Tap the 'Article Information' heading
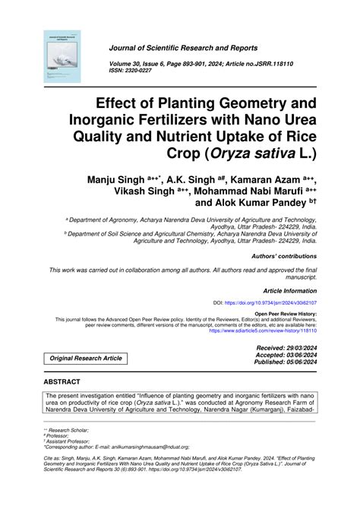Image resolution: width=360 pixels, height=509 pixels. point(289,291)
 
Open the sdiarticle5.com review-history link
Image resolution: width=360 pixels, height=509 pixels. point(262,330)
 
